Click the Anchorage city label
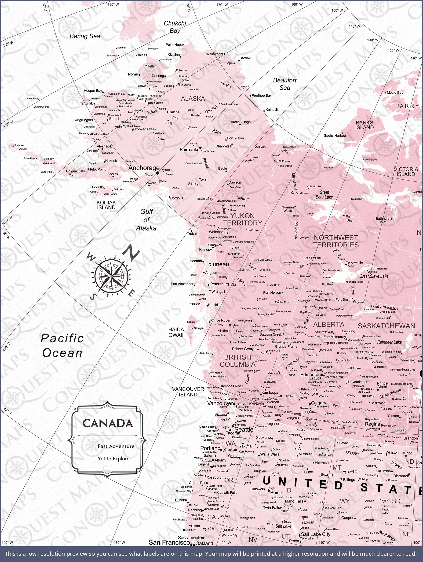pos(144,168)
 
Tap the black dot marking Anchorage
pos(157,173)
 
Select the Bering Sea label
pos(85,36)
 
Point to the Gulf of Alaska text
pos(146,220)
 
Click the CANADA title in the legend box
pos(108,423)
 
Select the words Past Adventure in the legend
pos(116,446)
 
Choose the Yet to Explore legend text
pos(114,458)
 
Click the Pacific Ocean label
pos(62,346)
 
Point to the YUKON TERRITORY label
pos(242,219)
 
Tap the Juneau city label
pos(219,264)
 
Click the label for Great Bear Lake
pos(324,195)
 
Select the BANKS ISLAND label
pos(364,125)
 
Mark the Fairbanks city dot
pos(200,148)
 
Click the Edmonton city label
pos(310,374)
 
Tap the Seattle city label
pos(244,429)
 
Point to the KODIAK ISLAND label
pos(106,205)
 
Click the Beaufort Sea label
pos(285,84)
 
